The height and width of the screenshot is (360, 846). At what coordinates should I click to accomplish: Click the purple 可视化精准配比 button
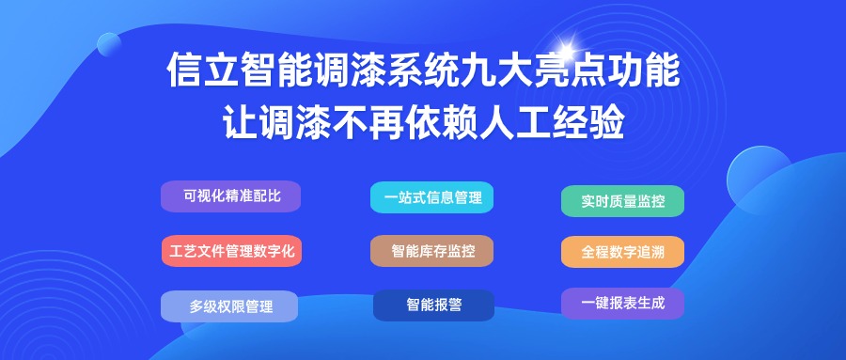pyautogui.click(x=230, y=196)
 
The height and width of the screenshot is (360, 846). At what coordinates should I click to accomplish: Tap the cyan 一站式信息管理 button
pyautogui.click(x=431, y=197)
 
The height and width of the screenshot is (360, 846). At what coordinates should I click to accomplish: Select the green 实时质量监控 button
pyautogui.click(x=622, y=201)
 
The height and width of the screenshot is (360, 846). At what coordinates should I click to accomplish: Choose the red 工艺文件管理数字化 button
pyautogui.click(x=231, y=251)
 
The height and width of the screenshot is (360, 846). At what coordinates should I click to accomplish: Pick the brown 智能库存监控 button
pyautogui.click(x=431, y=251)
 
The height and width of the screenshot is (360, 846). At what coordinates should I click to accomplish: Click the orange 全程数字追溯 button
pyautogui.click(x=622, y=252)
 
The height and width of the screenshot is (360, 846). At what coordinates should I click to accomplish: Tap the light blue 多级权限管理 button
pyautogui.click(x=229, y=306)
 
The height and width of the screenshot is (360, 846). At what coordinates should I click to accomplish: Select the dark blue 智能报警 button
pyautogui.click(x=433, y=305)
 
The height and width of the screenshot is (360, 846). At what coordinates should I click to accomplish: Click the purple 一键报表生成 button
pyautogui.click(x=622, y=304)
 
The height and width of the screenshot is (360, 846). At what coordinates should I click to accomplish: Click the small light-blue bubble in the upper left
pyautogui.click(x=109, y=44)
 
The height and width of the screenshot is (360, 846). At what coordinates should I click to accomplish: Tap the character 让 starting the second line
pyautogui.click(x=240, y=123)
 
